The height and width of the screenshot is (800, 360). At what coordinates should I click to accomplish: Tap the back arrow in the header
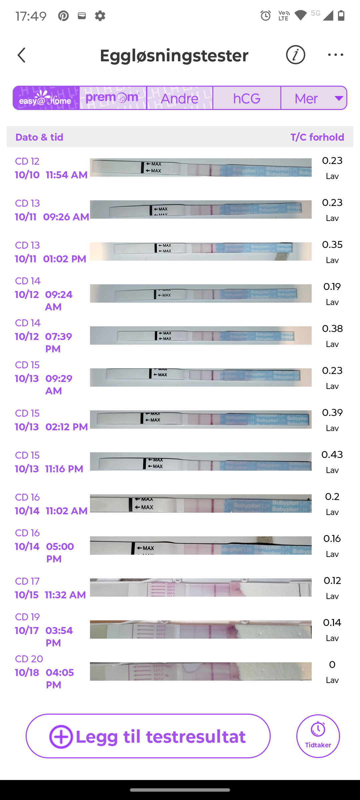coord(22,55)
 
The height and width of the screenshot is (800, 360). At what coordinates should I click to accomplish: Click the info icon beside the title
coord(295,55)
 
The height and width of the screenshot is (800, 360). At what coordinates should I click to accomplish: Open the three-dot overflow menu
coord(335,55)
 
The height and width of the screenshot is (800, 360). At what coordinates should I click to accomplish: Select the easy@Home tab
coord(46,98)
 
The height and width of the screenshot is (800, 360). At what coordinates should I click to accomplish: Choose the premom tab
coord(113,98)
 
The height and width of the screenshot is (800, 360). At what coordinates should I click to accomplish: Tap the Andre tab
coord(179,98)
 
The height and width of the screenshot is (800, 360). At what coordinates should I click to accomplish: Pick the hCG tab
coord(247,98)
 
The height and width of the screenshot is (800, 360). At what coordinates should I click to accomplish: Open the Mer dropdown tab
coord(314,98)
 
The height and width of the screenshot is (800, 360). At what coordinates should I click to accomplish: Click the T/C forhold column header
coord(317,137)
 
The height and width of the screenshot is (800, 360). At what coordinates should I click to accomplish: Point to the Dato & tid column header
coord(39,137)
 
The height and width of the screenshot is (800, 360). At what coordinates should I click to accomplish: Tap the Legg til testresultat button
coord(148,736)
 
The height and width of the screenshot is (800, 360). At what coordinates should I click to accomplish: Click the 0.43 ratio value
coord(332,455)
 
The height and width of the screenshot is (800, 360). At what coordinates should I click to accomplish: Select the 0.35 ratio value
coord(332,245)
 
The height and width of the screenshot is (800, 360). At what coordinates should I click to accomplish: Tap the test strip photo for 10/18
coord(201,671)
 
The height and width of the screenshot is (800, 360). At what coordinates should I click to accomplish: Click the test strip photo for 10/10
coord(201,167)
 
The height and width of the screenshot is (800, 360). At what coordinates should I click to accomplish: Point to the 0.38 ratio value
coord(332,329)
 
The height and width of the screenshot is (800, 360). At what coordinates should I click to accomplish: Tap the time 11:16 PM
coord(64,469)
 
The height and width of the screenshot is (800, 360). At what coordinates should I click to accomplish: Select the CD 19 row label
coord(27,617)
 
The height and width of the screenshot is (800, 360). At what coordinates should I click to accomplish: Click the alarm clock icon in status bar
coord(265,15)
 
